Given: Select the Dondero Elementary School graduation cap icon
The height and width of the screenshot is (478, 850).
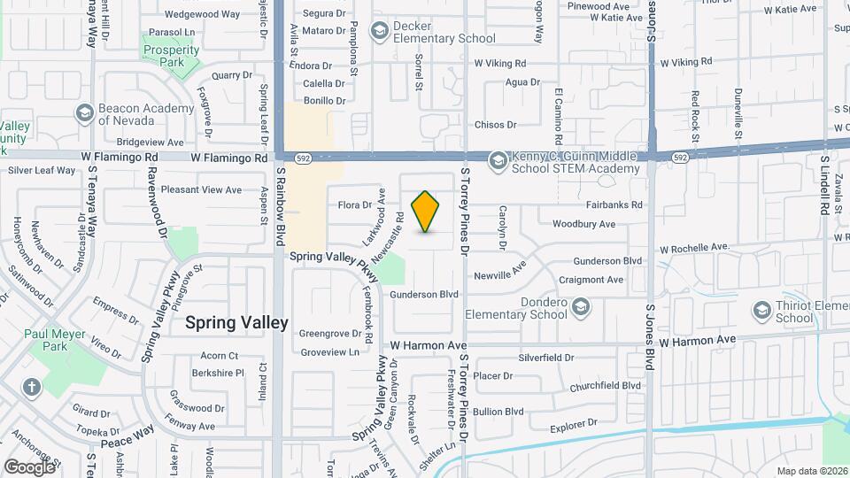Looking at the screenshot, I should click(x=581, y=307).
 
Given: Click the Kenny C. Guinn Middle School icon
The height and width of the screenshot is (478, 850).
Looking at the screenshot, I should click(x=498, y=159).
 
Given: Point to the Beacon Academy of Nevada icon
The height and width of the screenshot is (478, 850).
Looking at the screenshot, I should click(x=84, y=112).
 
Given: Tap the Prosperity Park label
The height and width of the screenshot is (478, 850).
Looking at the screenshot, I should click(x=170, y=57).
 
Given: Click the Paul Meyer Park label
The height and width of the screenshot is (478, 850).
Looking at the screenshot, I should click(x=58, y=340).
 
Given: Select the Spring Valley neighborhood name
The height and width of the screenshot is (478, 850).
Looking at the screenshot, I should click(x=236, y=323).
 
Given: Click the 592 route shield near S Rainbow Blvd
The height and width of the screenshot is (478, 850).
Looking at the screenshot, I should click(x=305, y=158).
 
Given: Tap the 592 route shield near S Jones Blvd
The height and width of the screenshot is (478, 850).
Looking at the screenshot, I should click(x=679, y=158).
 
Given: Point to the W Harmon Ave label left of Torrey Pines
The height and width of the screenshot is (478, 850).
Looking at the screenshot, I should click(x=429, y=344).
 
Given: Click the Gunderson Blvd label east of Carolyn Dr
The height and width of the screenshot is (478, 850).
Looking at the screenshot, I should click(x=607, y=261).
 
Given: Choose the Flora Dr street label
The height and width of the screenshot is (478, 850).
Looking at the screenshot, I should click(x=354, y=205).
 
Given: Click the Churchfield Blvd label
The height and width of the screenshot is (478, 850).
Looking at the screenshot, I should click(x=605, y=386).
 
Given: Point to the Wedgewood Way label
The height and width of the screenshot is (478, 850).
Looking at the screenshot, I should click(x=202, y=14).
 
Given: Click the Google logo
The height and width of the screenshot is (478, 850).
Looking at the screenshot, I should click(x=29, y=466).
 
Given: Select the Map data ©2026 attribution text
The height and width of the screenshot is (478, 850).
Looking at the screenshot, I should click(x=811, y=471).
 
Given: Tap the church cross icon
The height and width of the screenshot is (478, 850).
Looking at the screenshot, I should click(x=32, y=387).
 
